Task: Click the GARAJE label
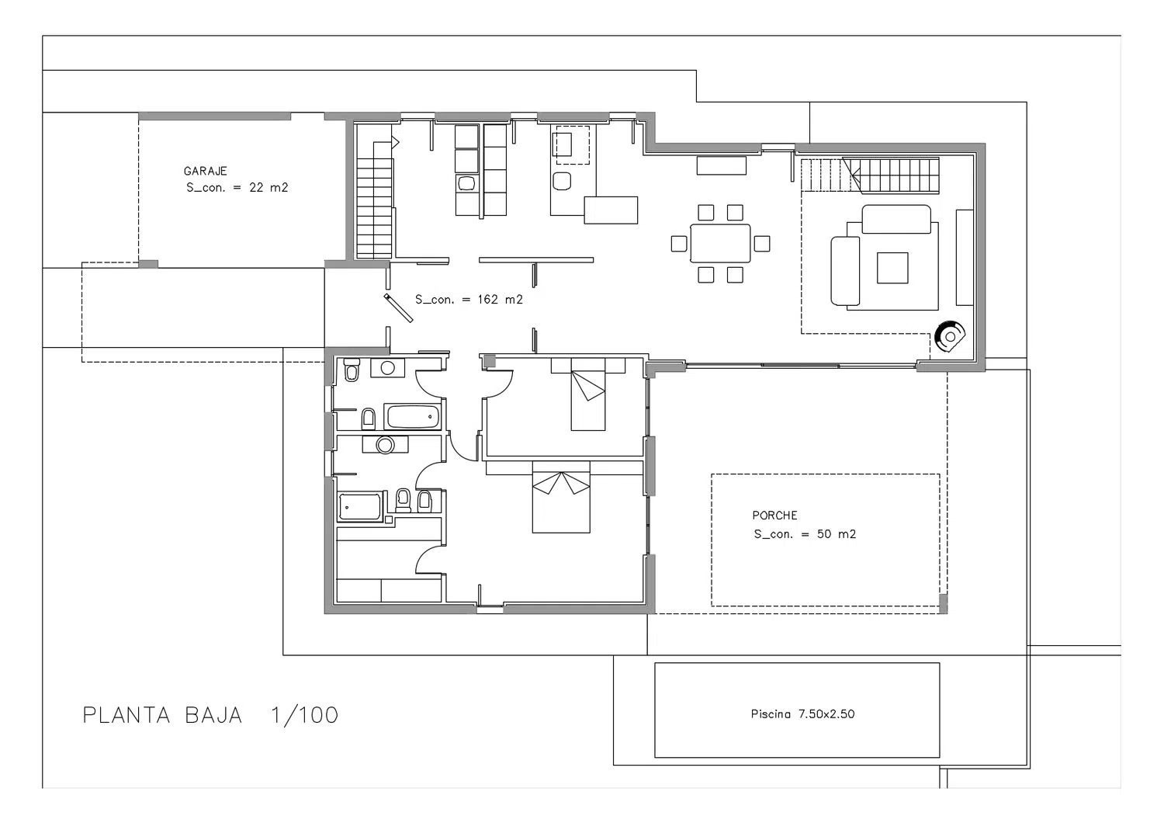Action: [206, 171]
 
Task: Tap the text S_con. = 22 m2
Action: [237, 188]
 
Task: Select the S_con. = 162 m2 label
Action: [469, 300]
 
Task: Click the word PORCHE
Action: [774, 516]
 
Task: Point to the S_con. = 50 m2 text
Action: [805, 534]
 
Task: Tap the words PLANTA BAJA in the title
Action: [163, 715]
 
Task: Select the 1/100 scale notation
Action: [304, 715]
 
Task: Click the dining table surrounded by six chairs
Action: [720, 243]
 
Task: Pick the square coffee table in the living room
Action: [892, 268]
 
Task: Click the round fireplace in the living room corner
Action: [950, 336]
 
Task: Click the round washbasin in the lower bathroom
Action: [385, 445]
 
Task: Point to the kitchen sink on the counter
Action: [466, 183]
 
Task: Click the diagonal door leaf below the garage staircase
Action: [399, 308]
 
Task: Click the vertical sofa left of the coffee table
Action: [845, 271]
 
